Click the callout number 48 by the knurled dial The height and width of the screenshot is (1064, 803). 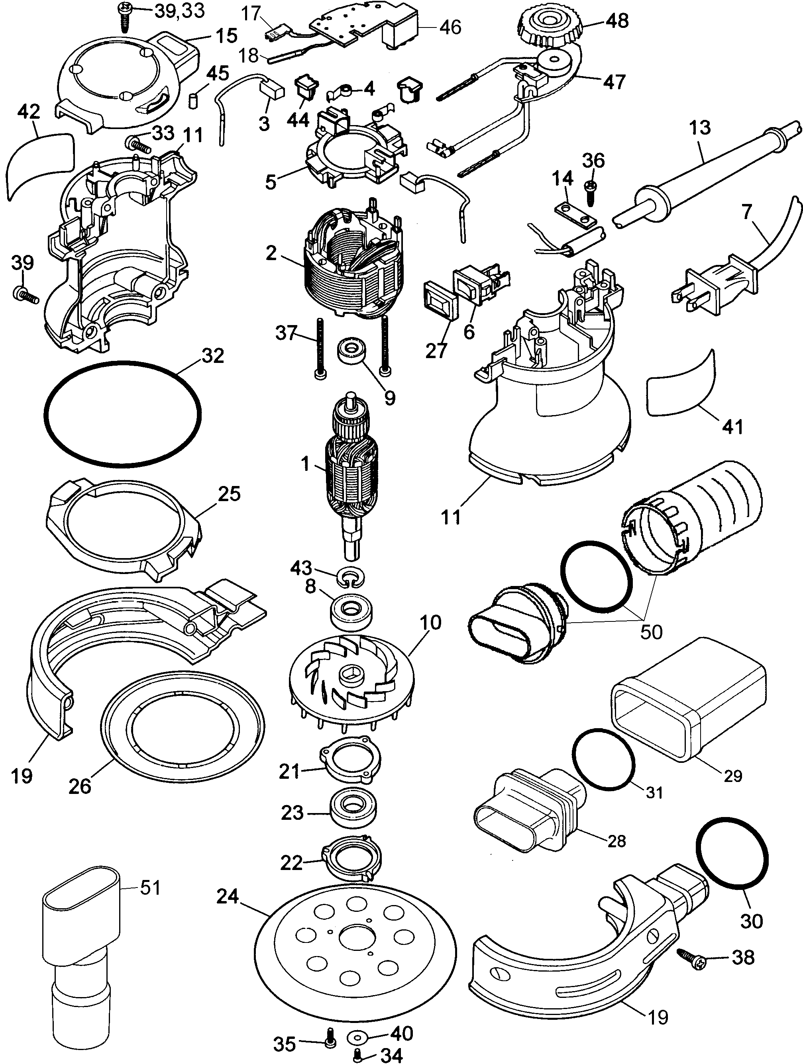click(617, 21)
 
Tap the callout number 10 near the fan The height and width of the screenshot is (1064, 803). click(430, 623)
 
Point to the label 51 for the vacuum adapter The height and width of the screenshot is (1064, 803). click(150, 888)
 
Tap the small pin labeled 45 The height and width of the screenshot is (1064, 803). click(193, 102)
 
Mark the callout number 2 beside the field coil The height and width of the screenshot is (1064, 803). click(271, 253)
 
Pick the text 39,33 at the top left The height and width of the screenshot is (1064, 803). click(179, 11)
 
